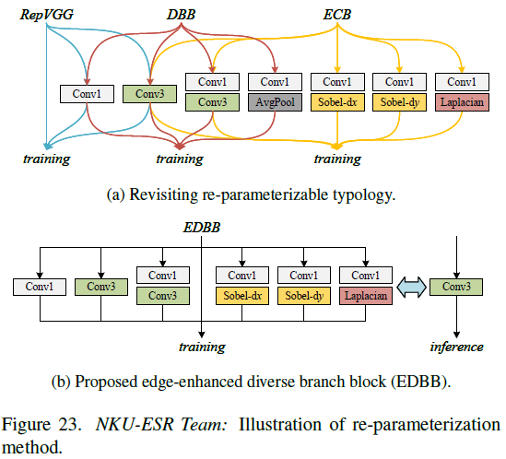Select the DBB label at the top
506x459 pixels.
182,14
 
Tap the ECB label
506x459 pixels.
336,14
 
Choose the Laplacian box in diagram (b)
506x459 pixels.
366,295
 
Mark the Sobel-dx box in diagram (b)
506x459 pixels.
242,295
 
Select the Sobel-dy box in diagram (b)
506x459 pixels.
304,295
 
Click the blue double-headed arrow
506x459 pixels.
412,287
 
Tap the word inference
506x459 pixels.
457,347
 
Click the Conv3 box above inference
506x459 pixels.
457,287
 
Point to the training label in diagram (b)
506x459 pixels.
201,347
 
